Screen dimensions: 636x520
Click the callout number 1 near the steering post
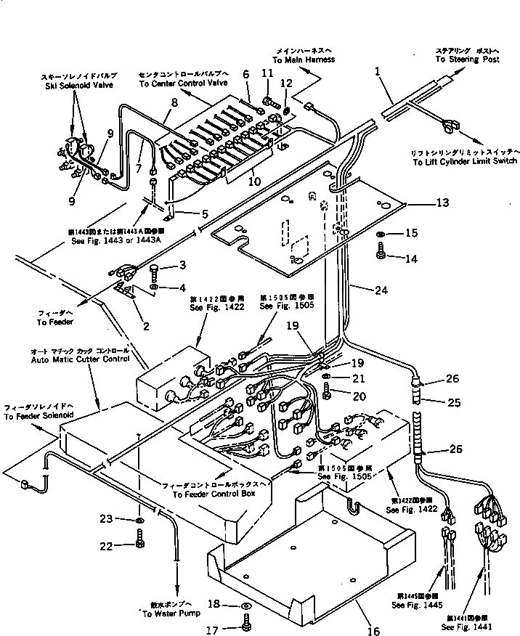(x=378, y=72)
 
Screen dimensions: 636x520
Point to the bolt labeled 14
(x=382, y=251)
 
